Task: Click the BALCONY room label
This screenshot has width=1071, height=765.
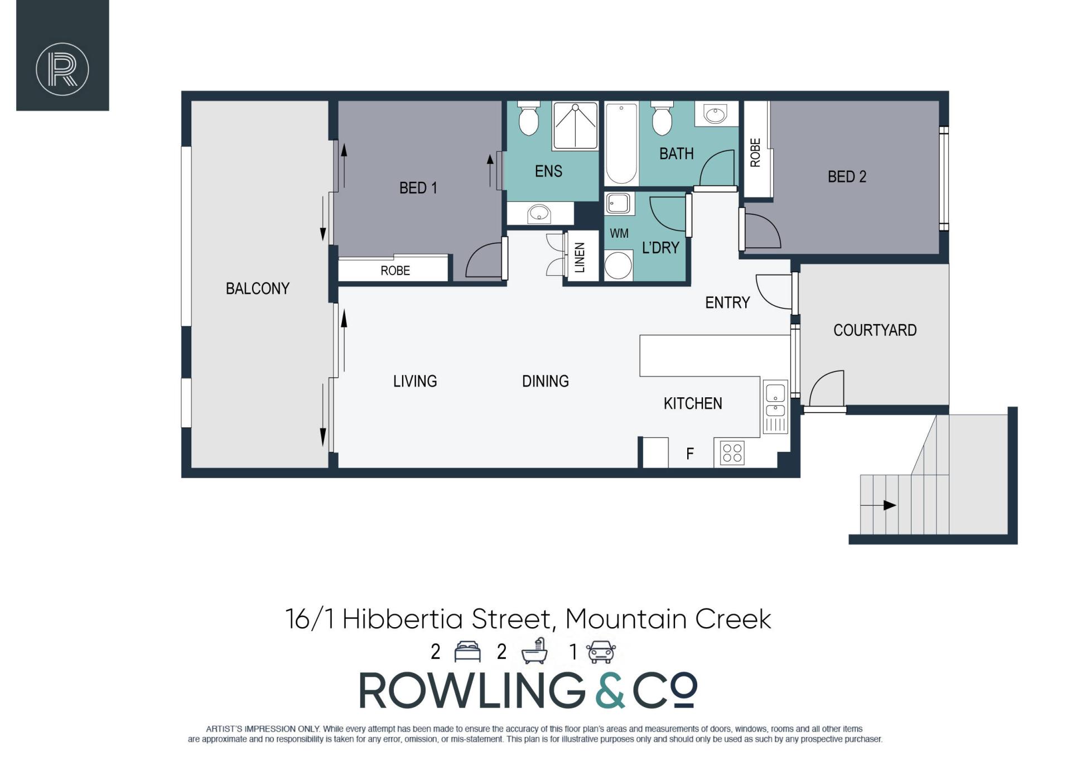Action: (257, 288)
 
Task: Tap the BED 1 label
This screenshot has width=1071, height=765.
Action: (418, 188)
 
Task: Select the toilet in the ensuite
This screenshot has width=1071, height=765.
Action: (528, 118)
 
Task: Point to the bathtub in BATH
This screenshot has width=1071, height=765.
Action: (621, 143)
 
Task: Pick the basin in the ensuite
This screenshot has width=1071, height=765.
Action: (539, 213)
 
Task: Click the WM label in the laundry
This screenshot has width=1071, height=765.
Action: (619, 233)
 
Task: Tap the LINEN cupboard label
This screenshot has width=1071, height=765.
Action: (580, 257)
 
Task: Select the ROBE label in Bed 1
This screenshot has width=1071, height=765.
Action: (395, 271)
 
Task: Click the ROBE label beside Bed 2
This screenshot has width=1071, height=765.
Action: (755, 153)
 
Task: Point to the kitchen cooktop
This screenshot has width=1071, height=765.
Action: (732, 453)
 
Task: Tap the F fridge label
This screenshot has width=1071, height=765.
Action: (690, 454)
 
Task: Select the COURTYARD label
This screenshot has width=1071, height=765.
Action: (875, 330)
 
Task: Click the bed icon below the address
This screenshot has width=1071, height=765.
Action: (467, 652)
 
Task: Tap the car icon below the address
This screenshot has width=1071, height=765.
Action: (601, 652)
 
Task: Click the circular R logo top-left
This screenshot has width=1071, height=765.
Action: (62, 69)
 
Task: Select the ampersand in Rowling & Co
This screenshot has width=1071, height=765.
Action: (610, 690)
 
